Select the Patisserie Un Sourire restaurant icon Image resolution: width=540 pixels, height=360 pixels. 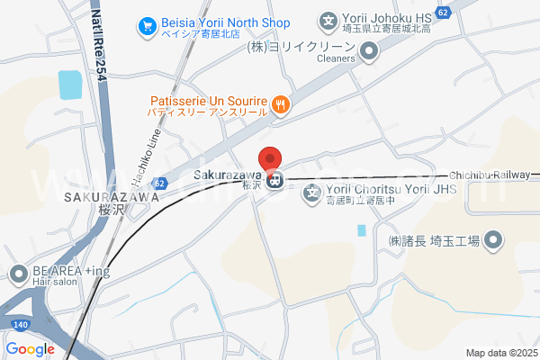(x=281, y=104)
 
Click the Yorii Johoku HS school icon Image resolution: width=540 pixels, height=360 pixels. (x=328, y=19)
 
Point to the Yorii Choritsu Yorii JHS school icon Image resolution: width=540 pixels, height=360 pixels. (x=312, y=192)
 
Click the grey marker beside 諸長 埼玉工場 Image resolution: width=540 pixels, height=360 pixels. (x=493, y=240)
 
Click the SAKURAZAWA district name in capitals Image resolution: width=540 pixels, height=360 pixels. (x=100, y=195)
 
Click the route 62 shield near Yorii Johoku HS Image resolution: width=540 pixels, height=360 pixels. (x=442, y=11)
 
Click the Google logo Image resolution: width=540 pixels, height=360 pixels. (x=30, y=349)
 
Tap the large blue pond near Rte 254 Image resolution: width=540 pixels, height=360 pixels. (x=69, y=84)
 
